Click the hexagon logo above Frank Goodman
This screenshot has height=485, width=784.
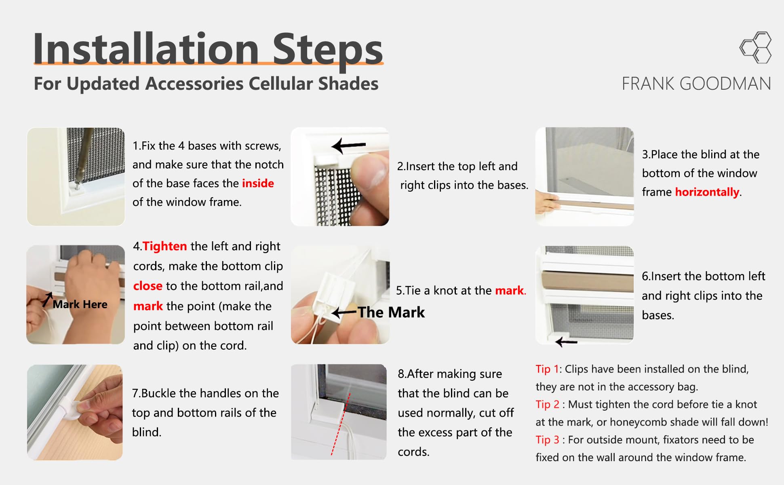pyautogui.click(x=756, y=47)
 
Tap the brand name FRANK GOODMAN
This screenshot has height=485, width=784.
pyautogui.click(x=696, y=84)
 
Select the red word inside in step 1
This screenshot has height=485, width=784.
pyautogui.click(x=258, y=183)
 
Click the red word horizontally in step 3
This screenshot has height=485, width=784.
pyautogui.click(x=707, y=192)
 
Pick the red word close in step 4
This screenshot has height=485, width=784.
pyautogui.click(x=148, y=286)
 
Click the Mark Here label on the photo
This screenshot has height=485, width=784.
pyautogui.click(x=80, y=304)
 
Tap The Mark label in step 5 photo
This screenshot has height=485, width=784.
pyautogui.click(x=391, y=312)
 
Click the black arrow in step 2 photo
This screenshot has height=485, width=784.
pyautogui.click(x=348, y=145)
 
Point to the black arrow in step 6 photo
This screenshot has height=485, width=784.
pyautogui.click(x=566, y=342)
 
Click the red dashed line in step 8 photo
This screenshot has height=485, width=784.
pyautogui.click(x=340, y=424)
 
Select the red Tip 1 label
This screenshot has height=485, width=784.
pyautogui.click(x=547, y=369)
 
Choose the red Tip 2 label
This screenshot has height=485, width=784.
pyautogui.click(x=548, y=404)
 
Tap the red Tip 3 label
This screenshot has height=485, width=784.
pyautogui.click(x=548, y=439)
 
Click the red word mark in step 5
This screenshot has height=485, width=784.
pyautogui.click(x=509, y=290)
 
